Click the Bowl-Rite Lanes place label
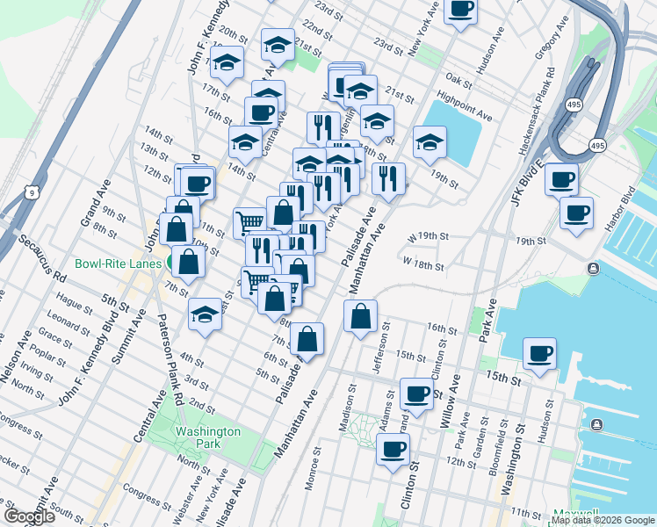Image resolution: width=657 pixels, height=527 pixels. tap(117, 263)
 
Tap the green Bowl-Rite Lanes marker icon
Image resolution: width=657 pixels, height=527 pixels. tap(174, 263)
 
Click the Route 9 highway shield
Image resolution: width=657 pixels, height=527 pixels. tap(32, 191)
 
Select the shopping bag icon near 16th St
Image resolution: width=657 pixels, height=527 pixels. tap(360, 315)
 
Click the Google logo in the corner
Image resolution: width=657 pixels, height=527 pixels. tap(29, 516)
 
